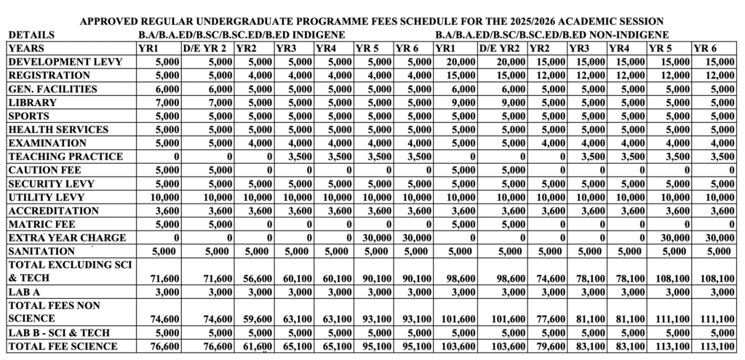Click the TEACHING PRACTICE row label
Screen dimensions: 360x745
[65, 156]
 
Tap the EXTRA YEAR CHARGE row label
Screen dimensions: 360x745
[67, 238]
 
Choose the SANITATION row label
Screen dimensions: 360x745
[43, 252]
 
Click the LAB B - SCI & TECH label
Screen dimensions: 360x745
[59, 332]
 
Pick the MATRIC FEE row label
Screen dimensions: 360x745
[44, 224]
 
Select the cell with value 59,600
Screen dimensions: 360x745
[257, 319]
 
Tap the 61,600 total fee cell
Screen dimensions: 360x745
[257, 346]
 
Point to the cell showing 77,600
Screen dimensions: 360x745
[549, 319]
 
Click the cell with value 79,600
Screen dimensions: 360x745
[549, 346]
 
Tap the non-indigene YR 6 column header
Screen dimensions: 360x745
[705, 48]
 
